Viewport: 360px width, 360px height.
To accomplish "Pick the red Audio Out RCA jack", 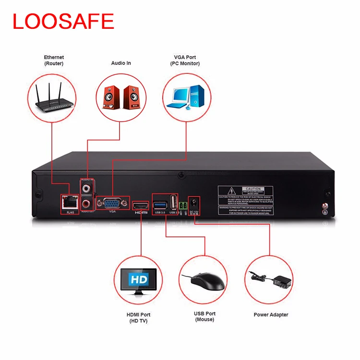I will (x=86, y=204).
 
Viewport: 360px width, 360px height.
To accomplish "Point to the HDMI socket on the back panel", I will (x=141, y=205).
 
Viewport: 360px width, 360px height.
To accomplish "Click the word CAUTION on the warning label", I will (x=252, y=190).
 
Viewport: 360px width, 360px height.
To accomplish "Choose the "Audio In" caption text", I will (x=121, y=63).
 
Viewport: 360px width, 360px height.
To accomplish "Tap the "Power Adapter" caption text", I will (x=271, y=315).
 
